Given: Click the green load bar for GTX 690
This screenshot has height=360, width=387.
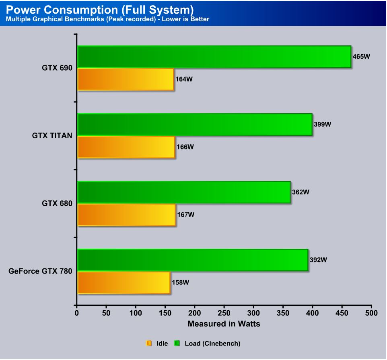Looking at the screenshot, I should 214,57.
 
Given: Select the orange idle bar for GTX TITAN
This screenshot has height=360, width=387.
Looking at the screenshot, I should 126,147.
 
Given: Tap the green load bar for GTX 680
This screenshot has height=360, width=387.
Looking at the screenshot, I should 184,192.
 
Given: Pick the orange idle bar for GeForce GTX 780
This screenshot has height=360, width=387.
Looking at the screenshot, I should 124,282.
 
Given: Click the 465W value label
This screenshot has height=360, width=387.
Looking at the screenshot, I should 361,57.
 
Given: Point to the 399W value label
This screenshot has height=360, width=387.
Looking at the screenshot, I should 322,125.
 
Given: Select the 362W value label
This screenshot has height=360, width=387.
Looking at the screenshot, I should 301,192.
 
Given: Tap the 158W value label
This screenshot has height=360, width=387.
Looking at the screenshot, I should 180,282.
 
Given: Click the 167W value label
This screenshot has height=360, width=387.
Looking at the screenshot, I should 186,215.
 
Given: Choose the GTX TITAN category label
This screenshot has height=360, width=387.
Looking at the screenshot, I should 52,136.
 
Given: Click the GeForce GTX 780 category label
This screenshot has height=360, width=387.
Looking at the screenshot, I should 40,271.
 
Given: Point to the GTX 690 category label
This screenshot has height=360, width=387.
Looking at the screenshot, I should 57,68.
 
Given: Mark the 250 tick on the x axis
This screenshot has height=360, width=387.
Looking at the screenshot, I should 224,313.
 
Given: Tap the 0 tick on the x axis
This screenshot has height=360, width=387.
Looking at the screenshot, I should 76,313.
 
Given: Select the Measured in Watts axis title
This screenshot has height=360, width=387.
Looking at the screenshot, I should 224,324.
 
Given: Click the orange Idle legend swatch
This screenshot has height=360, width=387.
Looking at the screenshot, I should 149,344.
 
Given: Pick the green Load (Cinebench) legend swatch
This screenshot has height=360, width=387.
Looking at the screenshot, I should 177,344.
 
